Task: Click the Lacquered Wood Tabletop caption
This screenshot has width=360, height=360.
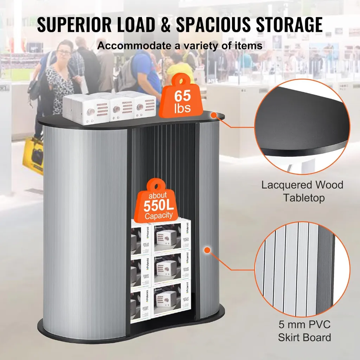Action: pos(302,191)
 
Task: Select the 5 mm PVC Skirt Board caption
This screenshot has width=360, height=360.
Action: pos(304,331)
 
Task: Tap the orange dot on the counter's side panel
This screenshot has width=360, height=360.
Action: pos(207,250)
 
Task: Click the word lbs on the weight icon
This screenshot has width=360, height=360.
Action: pos(182,109)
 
